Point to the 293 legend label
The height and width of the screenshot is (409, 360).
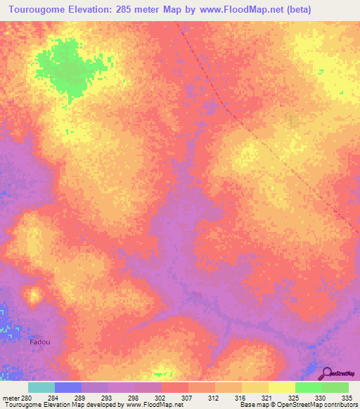point(108,398)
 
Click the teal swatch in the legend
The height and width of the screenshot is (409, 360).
point(41,387)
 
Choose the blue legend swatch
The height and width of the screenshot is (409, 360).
point(68,387)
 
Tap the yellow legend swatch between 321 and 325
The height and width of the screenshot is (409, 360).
point(281,387)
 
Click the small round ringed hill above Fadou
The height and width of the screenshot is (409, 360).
point(32,294)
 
